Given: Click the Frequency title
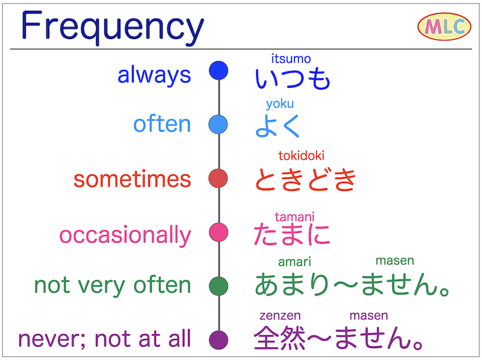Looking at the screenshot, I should pos(112,28).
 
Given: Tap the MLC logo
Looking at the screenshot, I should pos(444,27).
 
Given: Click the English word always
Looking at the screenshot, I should pos(154,75).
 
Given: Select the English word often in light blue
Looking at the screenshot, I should pos(162,124).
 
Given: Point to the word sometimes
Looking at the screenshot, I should pos(132,179).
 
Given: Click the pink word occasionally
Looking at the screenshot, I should pos(125,235).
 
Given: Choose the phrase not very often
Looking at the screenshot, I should pos(113,285).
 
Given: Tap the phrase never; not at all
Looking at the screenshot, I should pos(104,338).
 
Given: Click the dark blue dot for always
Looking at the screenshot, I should pos(218,70).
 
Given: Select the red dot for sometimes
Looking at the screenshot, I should pos(218,178).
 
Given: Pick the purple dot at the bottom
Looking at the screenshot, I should pos(218,340).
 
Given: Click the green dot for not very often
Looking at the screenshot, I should pos(218,285).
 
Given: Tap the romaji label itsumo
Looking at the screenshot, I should pos(291,59).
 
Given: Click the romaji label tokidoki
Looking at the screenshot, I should pos(301,156).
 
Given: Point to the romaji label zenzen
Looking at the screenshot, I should pos(280,315).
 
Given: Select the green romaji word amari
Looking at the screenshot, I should pos(295,261).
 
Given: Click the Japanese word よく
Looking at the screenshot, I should pos(278,125).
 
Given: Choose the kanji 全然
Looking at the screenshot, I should pos(274,339).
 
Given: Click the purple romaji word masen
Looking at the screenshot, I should pos(368,315).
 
